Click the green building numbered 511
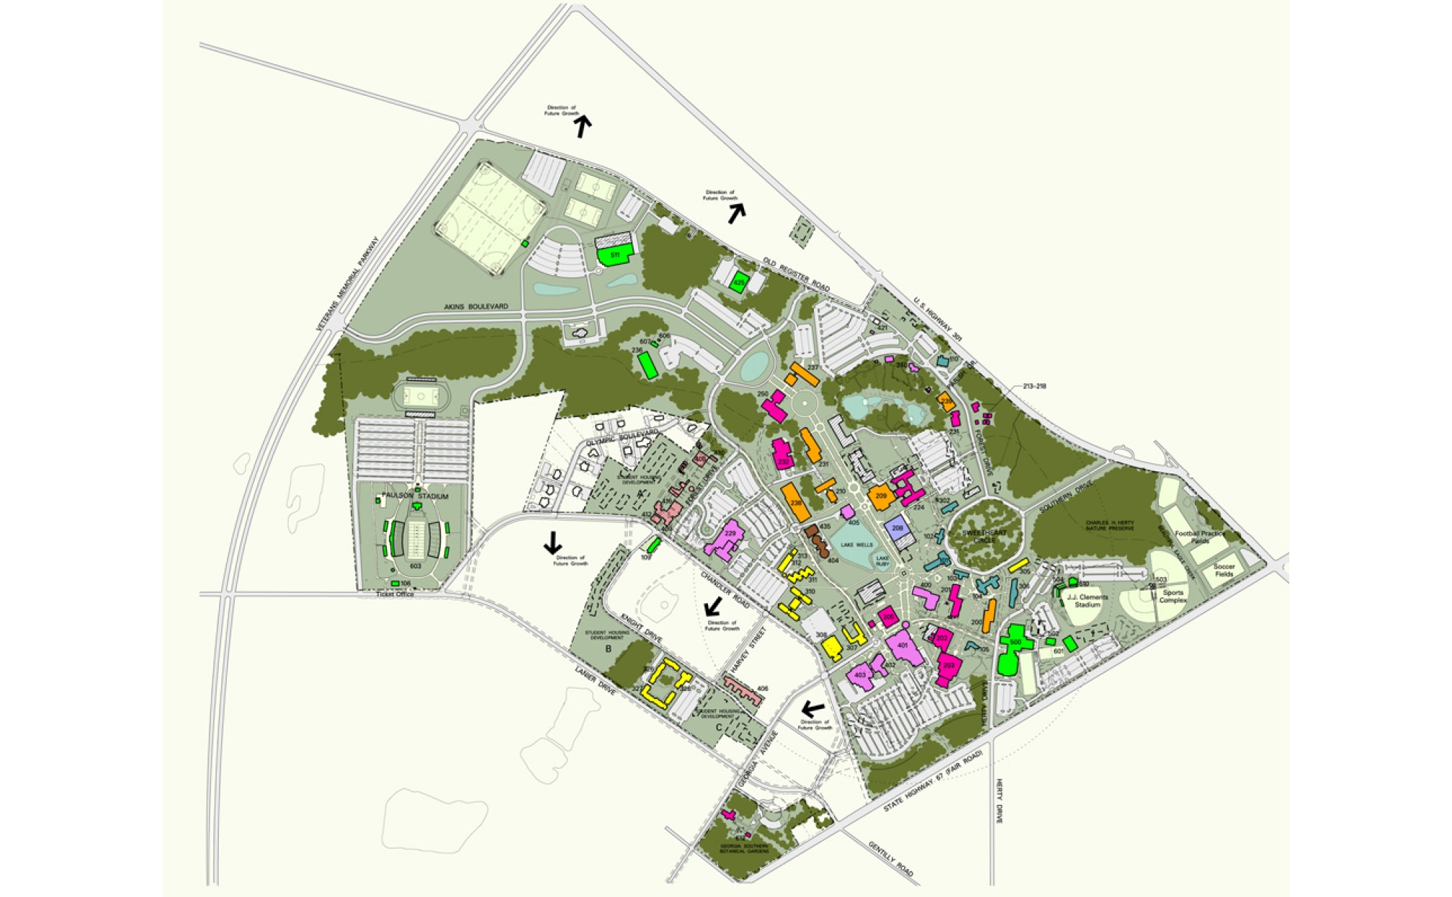(x=614, y=255)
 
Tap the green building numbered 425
(x=738, y=282)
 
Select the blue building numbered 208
(x=897, y=528)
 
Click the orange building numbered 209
(x=880, y=496)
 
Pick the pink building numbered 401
(x=902, y=646)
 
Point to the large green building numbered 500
(x=1015, y=643)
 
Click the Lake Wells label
(x=857, y=545)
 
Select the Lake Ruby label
(x=882, y=561)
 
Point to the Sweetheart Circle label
(x=984, y=536)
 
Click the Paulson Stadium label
(x=414, y=496)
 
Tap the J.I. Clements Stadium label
(x=1088, y=601)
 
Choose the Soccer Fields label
(x=1224, y=571)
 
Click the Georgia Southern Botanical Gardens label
(x=744, y=848)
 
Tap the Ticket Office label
(x=395, y=594)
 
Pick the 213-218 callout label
(x=1034, y=386)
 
